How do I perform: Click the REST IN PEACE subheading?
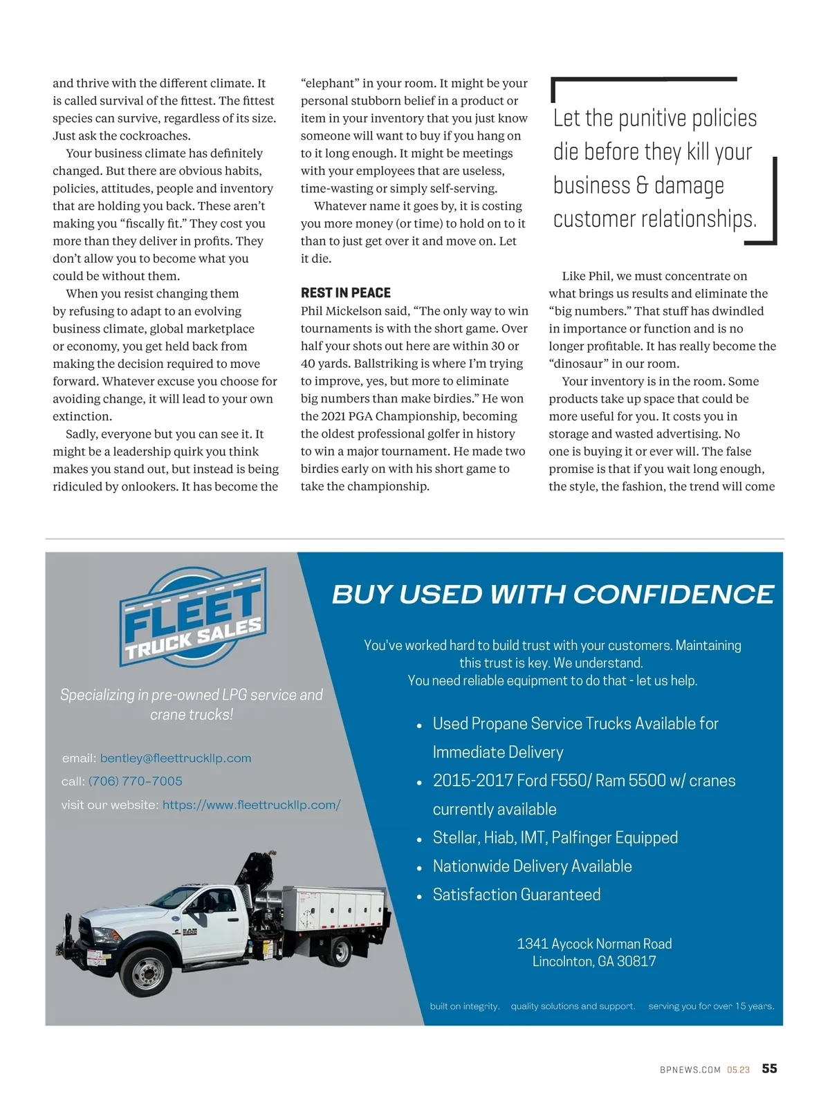345,293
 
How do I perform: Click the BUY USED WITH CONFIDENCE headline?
553,595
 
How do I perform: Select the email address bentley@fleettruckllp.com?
176,759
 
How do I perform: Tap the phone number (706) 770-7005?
136,781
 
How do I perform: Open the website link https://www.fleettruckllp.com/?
251,805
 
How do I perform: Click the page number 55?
769,1069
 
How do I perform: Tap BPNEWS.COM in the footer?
690,1070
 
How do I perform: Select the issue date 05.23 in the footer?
738,1070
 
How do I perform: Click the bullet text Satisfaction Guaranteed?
516,895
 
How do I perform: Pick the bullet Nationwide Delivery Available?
532,866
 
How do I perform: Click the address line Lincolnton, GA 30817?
594,961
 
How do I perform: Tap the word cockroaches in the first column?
156,136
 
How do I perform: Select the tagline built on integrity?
464,1006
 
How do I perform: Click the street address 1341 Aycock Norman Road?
594,944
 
